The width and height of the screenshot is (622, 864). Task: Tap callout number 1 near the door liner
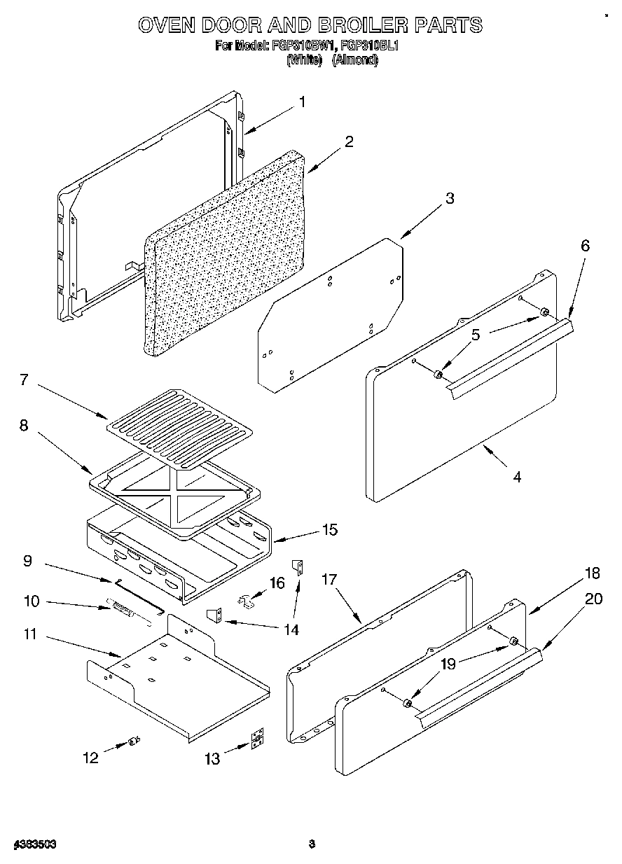click(302, 102)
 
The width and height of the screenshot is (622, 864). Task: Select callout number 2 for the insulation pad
click(349, 141)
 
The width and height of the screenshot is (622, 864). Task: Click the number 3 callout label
click(450, 198)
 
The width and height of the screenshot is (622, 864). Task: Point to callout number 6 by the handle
click(585, 246)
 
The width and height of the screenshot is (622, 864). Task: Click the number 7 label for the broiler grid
click(24, 380)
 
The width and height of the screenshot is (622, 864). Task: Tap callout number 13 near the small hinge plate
click(212, 758)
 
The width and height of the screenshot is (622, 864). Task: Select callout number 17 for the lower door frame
click(329, 580)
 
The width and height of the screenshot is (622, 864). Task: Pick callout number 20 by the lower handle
click(593, 599)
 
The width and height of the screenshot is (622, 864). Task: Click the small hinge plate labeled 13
click(258, 740)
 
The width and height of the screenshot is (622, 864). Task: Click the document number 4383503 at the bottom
click(34, 844)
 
